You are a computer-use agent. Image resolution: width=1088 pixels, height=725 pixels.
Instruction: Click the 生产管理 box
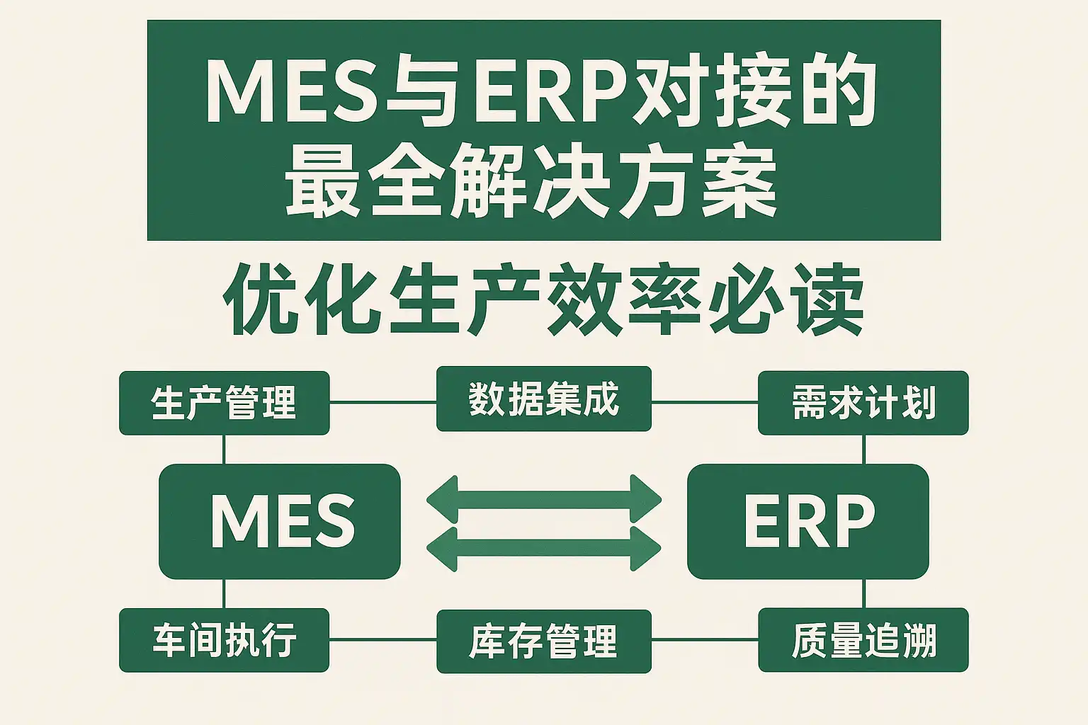coord(225,403)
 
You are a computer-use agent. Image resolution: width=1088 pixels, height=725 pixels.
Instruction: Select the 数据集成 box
coord(544,399)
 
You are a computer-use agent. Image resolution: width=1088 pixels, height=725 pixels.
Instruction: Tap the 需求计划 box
coord(863,403)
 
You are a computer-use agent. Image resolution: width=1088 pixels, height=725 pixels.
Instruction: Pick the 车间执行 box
coord(225,640)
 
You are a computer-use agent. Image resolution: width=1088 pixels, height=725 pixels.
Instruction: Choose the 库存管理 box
coord(544,641)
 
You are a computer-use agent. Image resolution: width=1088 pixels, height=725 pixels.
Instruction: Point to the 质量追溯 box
coord(863,640)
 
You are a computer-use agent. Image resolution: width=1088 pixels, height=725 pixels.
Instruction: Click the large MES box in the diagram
coord(280,522)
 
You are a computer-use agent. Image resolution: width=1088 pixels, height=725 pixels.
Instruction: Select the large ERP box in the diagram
coord(808,522)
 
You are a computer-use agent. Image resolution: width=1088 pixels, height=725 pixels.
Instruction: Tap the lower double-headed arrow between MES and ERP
coord(544,548)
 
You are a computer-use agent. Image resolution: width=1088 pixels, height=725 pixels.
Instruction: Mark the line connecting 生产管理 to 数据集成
coord(383,403)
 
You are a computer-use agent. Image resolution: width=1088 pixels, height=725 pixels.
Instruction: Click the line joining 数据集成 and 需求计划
coord(705,403)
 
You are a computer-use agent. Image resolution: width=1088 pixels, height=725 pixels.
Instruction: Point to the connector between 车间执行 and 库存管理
coord(383,640)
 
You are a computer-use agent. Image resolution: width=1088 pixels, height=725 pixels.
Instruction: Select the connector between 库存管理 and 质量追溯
coord(705,640)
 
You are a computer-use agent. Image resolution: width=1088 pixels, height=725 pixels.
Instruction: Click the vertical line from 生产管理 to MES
coord(224,450)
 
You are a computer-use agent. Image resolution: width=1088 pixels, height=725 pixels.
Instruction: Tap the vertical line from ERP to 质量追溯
coord(863,593)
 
